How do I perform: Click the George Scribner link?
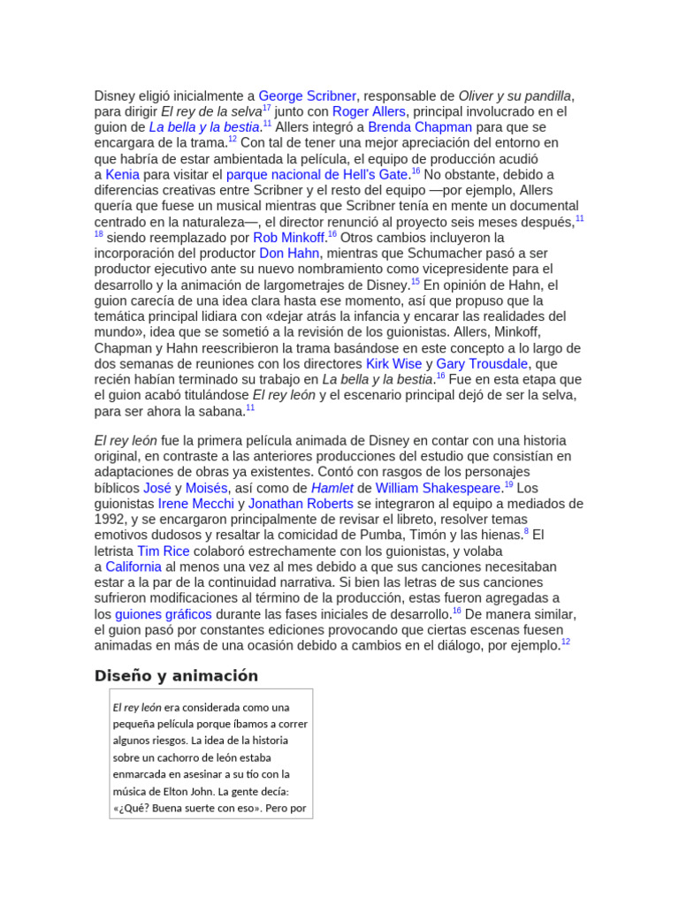[307, 95]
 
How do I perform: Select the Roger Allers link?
[369, 111]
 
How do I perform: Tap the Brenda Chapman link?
[420, 127]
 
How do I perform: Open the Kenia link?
[122, 175]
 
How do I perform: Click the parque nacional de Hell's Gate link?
[317, 175]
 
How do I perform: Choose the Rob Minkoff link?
[289, 238]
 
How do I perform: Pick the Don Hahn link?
[289, 254]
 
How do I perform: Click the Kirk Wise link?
[393, 364]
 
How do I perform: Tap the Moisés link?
[207, 488]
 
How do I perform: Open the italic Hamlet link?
[332, 488]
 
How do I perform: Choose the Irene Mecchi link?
[195, 504]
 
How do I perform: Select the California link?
[133, 567]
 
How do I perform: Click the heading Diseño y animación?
[176, 676]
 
